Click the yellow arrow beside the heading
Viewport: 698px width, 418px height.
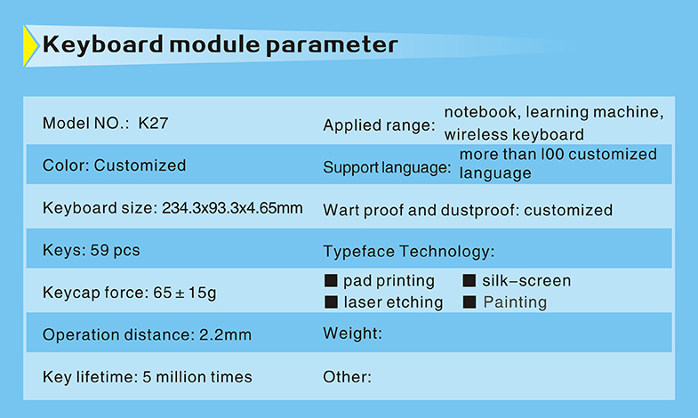coord(30,46)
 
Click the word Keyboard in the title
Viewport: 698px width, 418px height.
coord(103,45)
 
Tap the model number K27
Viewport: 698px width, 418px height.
coord(153,123)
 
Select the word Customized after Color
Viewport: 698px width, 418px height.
coord(140,165)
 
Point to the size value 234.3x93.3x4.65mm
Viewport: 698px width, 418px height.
coord(232,208)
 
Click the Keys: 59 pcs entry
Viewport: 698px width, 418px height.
coord(92,250)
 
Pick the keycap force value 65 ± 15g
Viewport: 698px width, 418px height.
coord(185,293)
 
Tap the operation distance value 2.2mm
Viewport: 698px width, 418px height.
coord(225,334)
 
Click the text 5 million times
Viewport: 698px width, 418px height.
coord(197,377)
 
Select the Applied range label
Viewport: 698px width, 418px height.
coord(380,125)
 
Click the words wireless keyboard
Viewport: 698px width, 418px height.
coord(514,134)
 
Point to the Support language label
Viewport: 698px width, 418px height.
coord(387,167)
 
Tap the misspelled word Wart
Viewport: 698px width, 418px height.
coord(341,210)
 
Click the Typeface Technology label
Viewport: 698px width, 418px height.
coord(409,252)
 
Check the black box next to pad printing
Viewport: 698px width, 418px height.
coord(331,280)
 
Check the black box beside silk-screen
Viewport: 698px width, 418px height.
coord(469,280)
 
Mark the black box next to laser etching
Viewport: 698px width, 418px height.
coord(331,302)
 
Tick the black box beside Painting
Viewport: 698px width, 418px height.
coord(469,302)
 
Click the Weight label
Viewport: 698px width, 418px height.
coord(353,334)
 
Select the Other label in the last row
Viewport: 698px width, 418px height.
coord(347,377)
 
